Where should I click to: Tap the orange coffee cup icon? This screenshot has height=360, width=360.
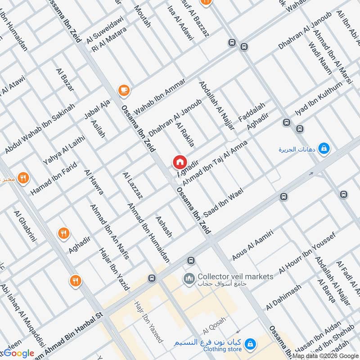tap(123, 90)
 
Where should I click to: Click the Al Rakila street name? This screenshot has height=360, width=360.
tap(185, 134)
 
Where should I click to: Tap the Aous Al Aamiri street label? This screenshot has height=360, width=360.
tap(252, 244)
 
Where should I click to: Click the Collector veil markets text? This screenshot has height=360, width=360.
tap(235, 276)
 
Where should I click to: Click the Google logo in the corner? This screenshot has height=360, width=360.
tap(18, 354)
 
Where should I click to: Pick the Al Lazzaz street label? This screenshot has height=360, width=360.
tap(133, 185)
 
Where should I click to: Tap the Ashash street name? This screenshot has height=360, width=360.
tap(163, 226)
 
